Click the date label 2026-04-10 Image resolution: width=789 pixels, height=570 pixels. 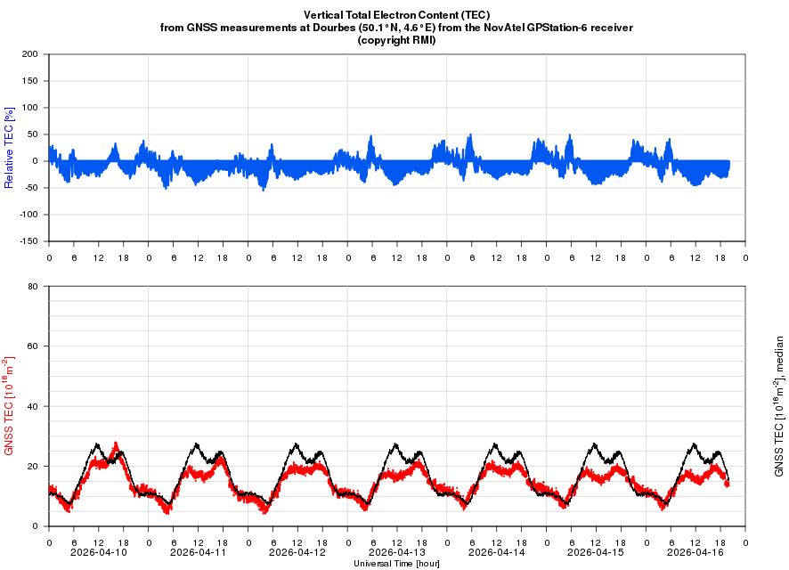click(98, 552)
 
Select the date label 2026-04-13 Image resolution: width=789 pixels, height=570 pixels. click(396, 552)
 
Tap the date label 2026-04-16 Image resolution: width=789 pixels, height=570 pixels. click(695, 552)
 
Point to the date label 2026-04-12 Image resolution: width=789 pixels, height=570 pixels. click(297, 552)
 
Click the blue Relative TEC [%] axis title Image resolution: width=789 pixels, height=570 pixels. click(10, 148)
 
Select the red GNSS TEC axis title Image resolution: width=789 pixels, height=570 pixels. click(10, 406)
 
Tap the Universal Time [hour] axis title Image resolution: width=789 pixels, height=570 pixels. click(396, 564)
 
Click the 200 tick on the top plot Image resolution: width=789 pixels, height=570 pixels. click(29, 54)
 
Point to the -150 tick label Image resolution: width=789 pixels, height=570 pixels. click(28, 241)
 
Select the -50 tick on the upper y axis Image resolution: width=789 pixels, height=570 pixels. click(30, 188)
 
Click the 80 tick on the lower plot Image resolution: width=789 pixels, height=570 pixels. click(32, 287)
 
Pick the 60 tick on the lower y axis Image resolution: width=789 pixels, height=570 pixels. click(32, 346)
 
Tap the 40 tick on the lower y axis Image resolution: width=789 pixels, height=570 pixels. click(32, 406)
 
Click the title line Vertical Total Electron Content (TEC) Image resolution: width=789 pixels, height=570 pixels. click(396, 15)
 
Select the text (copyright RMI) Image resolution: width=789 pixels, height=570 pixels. click(396, 40)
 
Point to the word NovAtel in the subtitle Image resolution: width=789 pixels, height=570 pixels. click(509, 28)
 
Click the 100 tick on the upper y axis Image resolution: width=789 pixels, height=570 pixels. click(29, 108)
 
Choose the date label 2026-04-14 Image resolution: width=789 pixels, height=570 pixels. click(496, 552)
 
